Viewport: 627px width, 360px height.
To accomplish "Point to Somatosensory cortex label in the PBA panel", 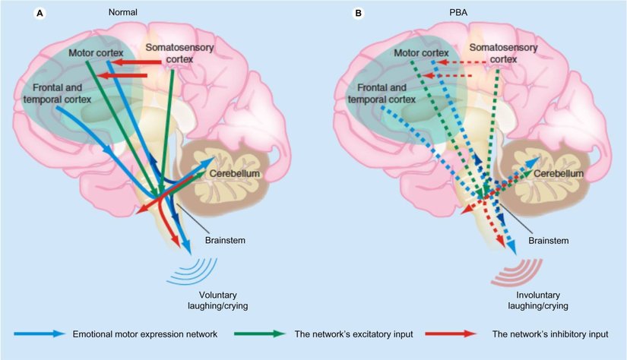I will click(495, 53).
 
